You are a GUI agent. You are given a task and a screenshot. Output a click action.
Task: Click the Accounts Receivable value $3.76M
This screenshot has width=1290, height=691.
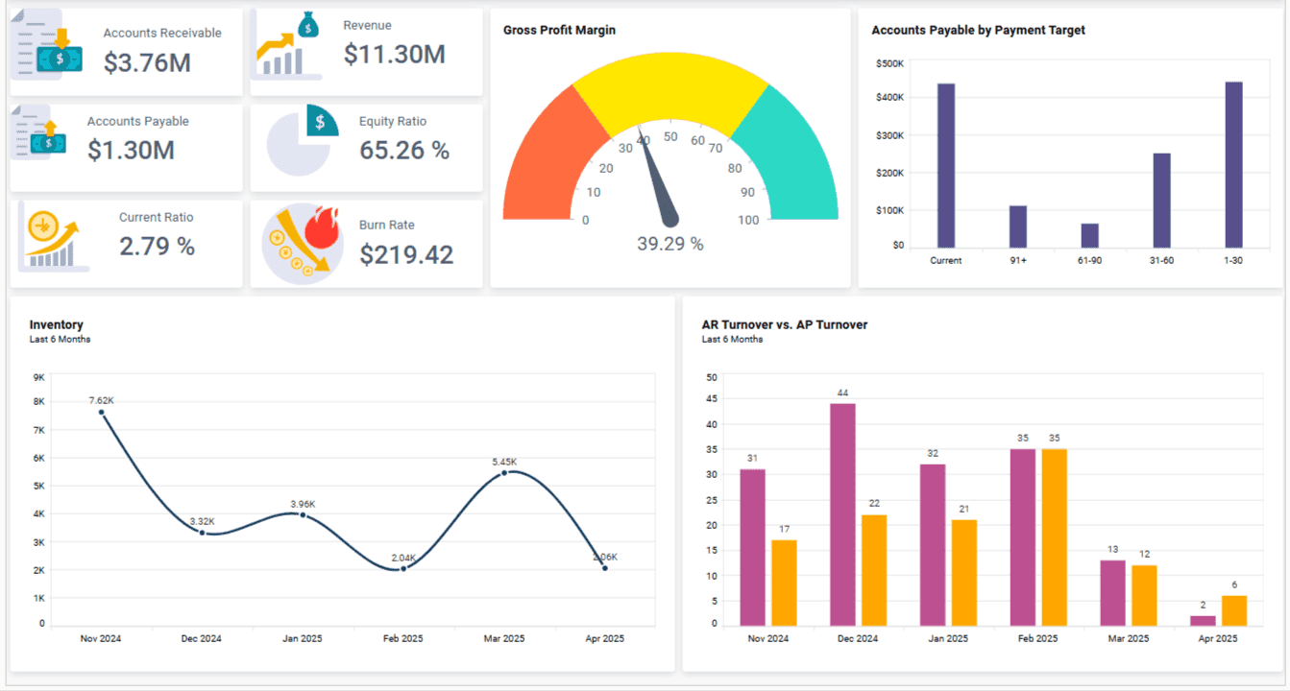point(147,62)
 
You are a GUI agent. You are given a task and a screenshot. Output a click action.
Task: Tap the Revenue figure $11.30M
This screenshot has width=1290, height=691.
point(394,55)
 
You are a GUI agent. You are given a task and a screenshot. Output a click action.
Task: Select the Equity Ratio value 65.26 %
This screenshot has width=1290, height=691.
point(404,151)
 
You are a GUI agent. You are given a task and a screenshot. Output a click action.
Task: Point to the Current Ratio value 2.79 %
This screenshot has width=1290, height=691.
point(157,247)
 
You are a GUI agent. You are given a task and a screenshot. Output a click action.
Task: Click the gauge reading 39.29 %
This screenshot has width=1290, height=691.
point(669,244)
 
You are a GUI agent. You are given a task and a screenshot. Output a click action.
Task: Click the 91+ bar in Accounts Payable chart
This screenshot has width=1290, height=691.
point(1018,226)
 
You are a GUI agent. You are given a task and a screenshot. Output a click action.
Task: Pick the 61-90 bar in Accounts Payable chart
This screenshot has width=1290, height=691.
point(1089,235)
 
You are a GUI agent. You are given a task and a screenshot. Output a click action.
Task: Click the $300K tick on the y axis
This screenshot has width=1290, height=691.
point(889,135)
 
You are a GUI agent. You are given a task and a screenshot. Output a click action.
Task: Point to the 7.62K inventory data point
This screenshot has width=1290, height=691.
point(101,412)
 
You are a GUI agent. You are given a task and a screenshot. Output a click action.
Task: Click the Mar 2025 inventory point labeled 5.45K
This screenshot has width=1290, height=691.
point(504,472)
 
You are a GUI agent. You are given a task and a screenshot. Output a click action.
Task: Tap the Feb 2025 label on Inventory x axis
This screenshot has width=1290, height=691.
point(403,638)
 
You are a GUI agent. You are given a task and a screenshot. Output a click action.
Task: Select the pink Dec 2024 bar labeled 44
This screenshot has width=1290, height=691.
point(842,514)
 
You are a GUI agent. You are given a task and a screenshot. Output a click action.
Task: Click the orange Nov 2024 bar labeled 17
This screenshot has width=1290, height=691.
point(784,583)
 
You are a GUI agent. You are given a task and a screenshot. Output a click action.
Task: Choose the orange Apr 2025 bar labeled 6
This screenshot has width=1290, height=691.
point(1234,610)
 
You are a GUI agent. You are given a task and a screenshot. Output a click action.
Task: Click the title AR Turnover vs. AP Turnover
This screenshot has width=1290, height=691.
point(784,324)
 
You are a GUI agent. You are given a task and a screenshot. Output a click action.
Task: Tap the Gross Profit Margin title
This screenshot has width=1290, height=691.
point(559,30)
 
